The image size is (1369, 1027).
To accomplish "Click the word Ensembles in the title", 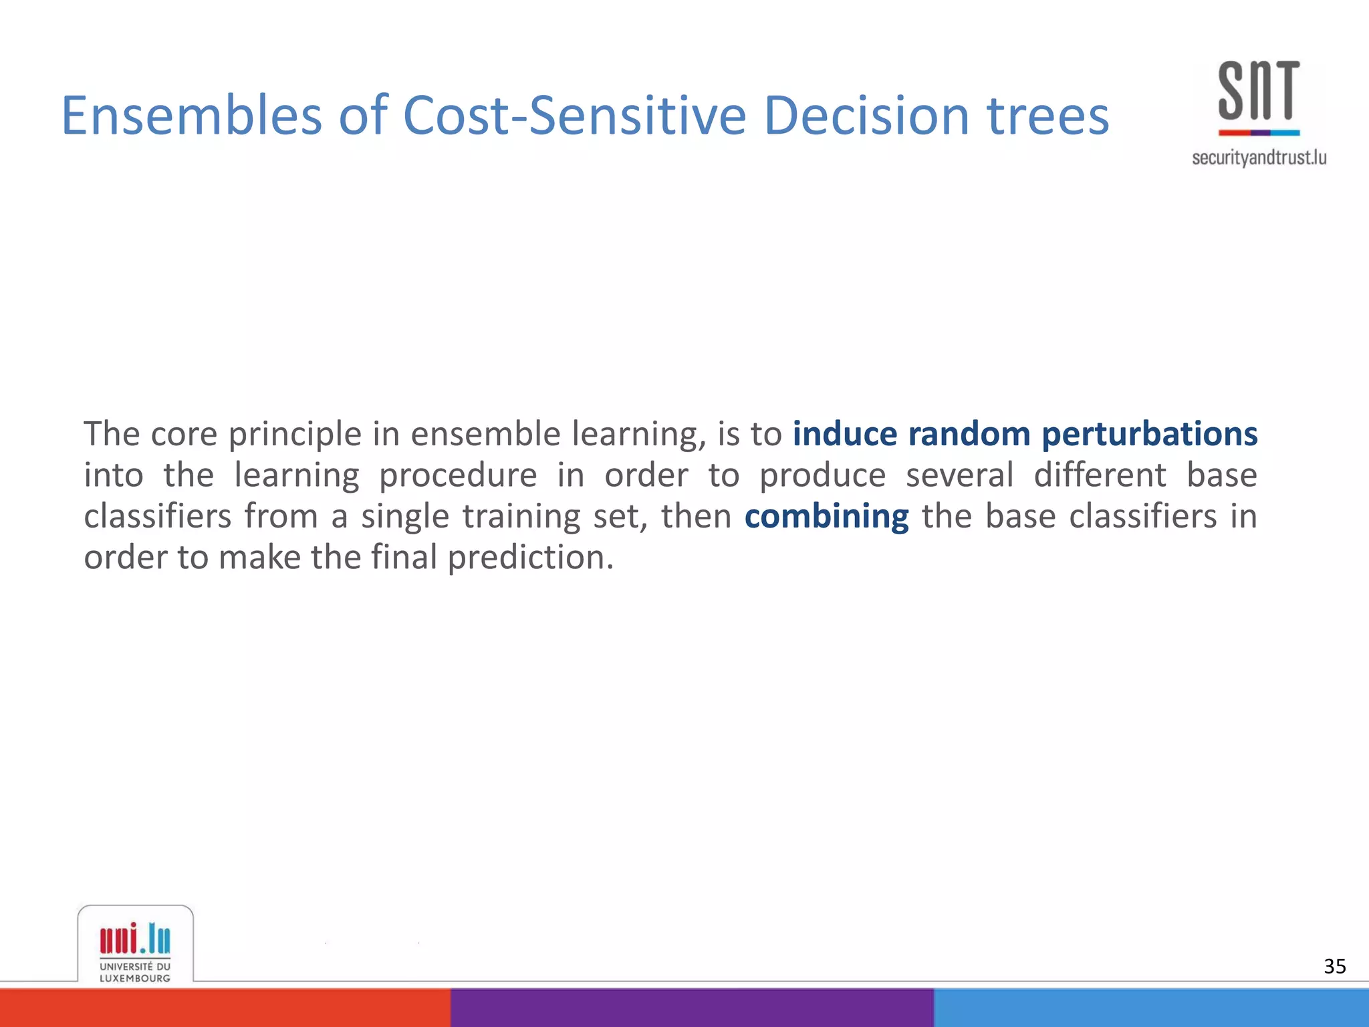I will tap(191, 116).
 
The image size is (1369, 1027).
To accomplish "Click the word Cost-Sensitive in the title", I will tap(574, 116).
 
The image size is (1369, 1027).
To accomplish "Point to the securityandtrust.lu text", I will tap(1259, 158).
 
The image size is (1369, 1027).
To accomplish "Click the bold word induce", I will tap(845, 434).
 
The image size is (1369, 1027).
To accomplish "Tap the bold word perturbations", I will tap(1149, 434).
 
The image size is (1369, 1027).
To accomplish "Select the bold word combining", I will tap(826, 517).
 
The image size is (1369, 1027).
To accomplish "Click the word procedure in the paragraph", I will tap(457, 476).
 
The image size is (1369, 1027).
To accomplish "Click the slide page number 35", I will tap(1334, 966).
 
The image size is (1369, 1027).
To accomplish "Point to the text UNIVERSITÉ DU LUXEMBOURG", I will tap(135, 972).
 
